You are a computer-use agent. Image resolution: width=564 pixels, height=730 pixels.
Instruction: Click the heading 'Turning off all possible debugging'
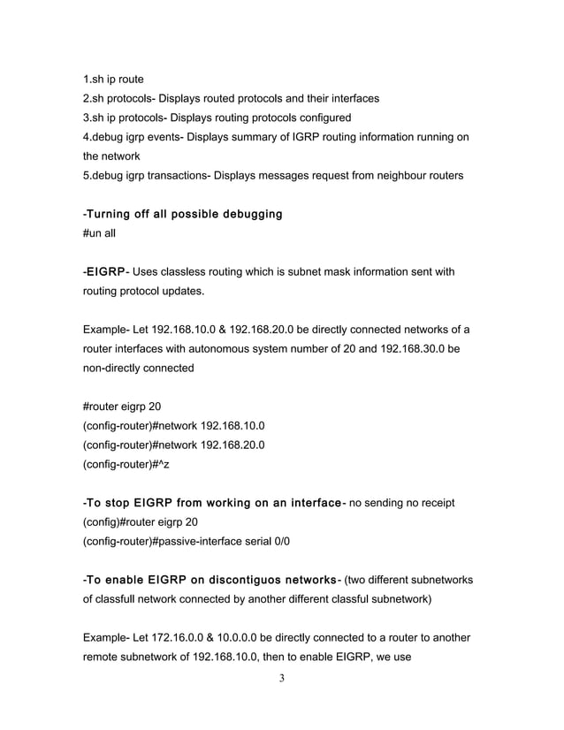click(183, 215)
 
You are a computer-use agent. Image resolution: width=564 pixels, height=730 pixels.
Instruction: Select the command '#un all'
click(99, 234)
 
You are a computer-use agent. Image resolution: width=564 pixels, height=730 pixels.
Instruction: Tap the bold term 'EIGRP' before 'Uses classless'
click(105, 272)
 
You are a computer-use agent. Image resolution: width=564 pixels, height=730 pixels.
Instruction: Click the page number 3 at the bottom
click(281, 679)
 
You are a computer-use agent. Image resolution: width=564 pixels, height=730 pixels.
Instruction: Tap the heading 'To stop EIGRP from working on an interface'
click(213, 503)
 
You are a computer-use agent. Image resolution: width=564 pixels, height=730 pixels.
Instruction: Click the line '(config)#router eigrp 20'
click(140, 521)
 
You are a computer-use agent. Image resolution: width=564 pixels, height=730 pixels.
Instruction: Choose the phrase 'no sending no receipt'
click(403, 503)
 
